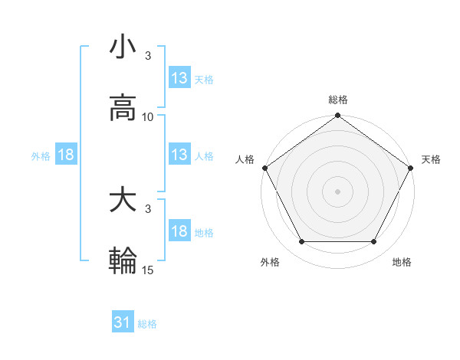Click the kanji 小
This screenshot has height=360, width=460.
point(123,47)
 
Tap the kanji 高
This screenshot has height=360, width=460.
point(123,108)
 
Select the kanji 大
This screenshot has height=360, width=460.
point(123,201)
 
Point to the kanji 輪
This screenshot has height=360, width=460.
point(123,261)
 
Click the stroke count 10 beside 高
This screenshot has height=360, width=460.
point(148,117)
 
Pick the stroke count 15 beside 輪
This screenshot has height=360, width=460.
point(148,270)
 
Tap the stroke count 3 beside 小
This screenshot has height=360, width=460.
point(148,56)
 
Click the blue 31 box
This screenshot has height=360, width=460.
point(123,322)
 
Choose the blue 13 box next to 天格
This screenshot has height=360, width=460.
point(179,77)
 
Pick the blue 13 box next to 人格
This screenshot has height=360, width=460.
point(179,155)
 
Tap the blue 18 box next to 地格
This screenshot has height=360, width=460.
point(179,231)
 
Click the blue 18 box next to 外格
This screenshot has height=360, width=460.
point(66,155)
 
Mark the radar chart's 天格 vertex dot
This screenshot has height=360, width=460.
point(412,168)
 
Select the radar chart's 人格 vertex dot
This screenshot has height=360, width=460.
point(264,168)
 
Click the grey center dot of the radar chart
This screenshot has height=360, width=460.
point(337,191)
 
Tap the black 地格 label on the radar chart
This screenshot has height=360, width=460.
point(402,263)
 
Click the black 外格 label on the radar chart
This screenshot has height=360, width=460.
point(270,263)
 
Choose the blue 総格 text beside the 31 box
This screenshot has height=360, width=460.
point(147,324)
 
